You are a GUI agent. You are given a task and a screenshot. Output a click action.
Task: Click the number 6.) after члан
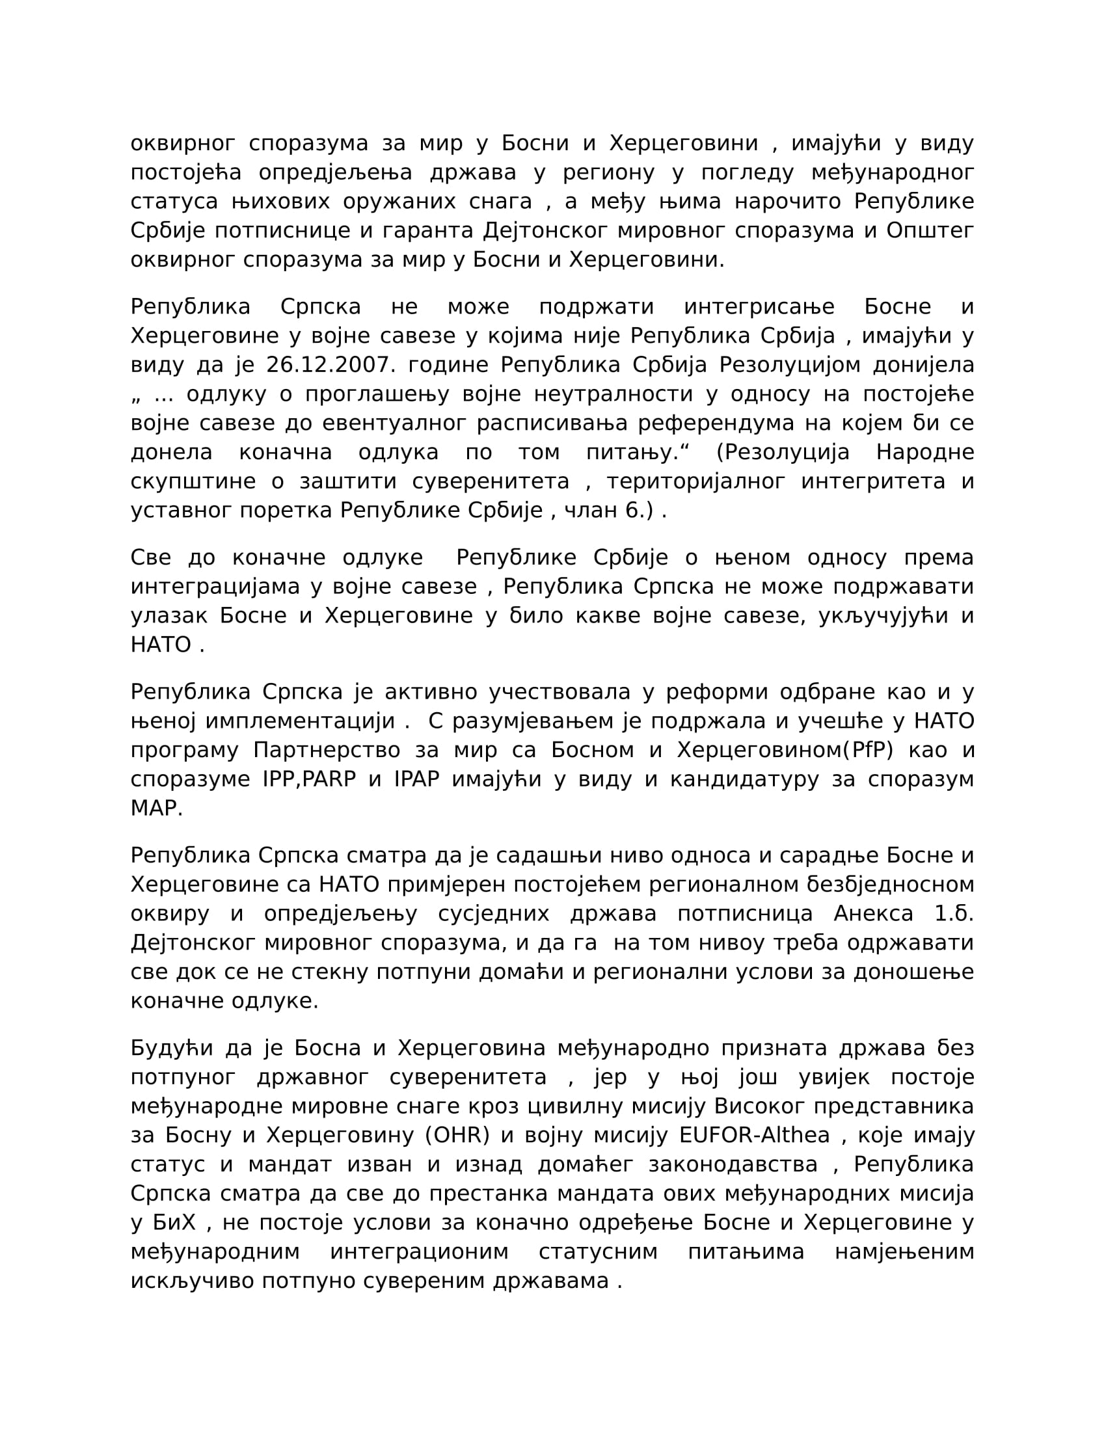click(x=640, y=511)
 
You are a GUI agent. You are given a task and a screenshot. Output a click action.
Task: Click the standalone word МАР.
click(x=156, y=809)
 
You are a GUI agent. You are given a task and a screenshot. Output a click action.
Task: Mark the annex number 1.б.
click(x=954, y=913)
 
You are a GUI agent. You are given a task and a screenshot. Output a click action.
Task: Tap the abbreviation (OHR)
click(x=457, y=1135)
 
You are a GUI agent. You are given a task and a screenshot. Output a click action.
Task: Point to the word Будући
click(x=172, y=1049)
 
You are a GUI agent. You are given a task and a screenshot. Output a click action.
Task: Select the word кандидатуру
click(x=744, y=779)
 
